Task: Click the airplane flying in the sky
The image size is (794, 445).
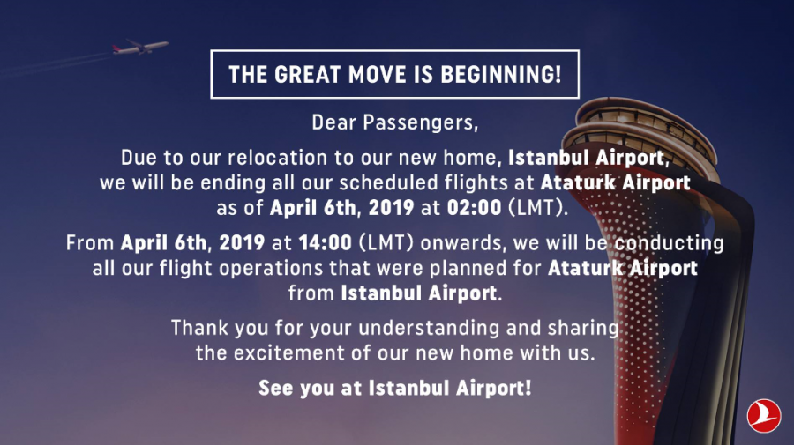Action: [140, 47]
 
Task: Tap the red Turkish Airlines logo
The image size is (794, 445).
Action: [763, 416]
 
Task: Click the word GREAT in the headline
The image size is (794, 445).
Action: [307, 74]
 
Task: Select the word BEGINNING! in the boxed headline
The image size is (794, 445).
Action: [501, 74]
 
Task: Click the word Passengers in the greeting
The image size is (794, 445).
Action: [420, 122]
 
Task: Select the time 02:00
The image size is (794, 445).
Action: [474, 207]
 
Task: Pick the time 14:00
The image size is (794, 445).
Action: [325, 242]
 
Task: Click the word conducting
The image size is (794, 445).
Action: [669, 243]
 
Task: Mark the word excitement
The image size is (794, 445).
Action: [288, 353]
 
